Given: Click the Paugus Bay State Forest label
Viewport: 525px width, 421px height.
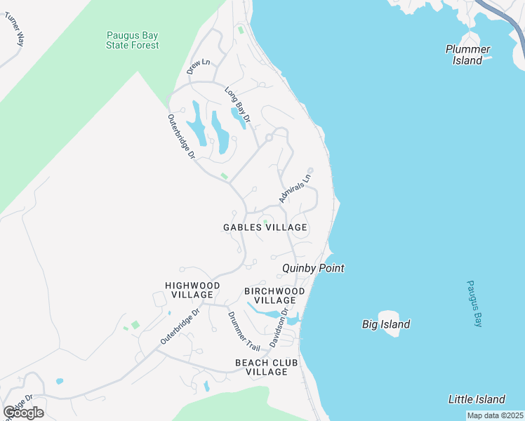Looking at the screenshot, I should point(132,40).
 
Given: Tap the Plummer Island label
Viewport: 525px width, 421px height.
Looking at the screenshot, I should point(467,55).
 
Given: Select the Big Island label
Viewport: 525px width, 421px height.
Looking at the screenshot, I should point(386,324).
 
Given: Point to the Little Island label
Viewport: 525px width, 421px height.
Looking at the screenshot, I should point(477,399).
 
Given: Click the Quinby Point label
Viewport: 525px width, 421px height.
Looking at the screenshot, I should point(313,268).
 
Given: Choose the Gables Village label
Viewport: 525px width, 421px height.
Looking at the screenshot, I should point(265,227).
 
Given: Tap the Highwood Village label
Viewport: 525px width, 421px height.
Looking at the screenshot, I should point(192,290).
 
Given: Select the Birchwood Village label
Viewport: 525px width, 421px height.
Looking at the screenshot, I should point(274,295).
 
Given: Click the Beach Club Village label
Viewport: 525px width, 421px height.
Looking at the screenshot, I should point(267,367).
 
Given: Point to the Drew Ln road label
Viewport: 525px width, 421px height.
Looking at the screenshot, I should point(199,67).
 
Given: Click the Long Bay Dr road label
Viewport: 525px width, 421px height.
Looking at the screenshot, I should point(237,105).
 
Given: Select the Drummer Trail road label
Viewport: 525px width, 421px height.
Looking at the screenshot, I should point(244,331).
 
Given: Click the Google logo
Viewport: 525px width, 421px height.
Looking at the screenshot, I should point(23,413).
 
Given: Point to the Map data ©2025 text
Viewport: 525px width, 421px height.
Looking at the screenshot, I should point(495,415).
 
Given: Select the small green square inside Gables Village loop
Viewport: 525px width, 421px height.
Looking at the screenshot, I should point(265,222).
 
